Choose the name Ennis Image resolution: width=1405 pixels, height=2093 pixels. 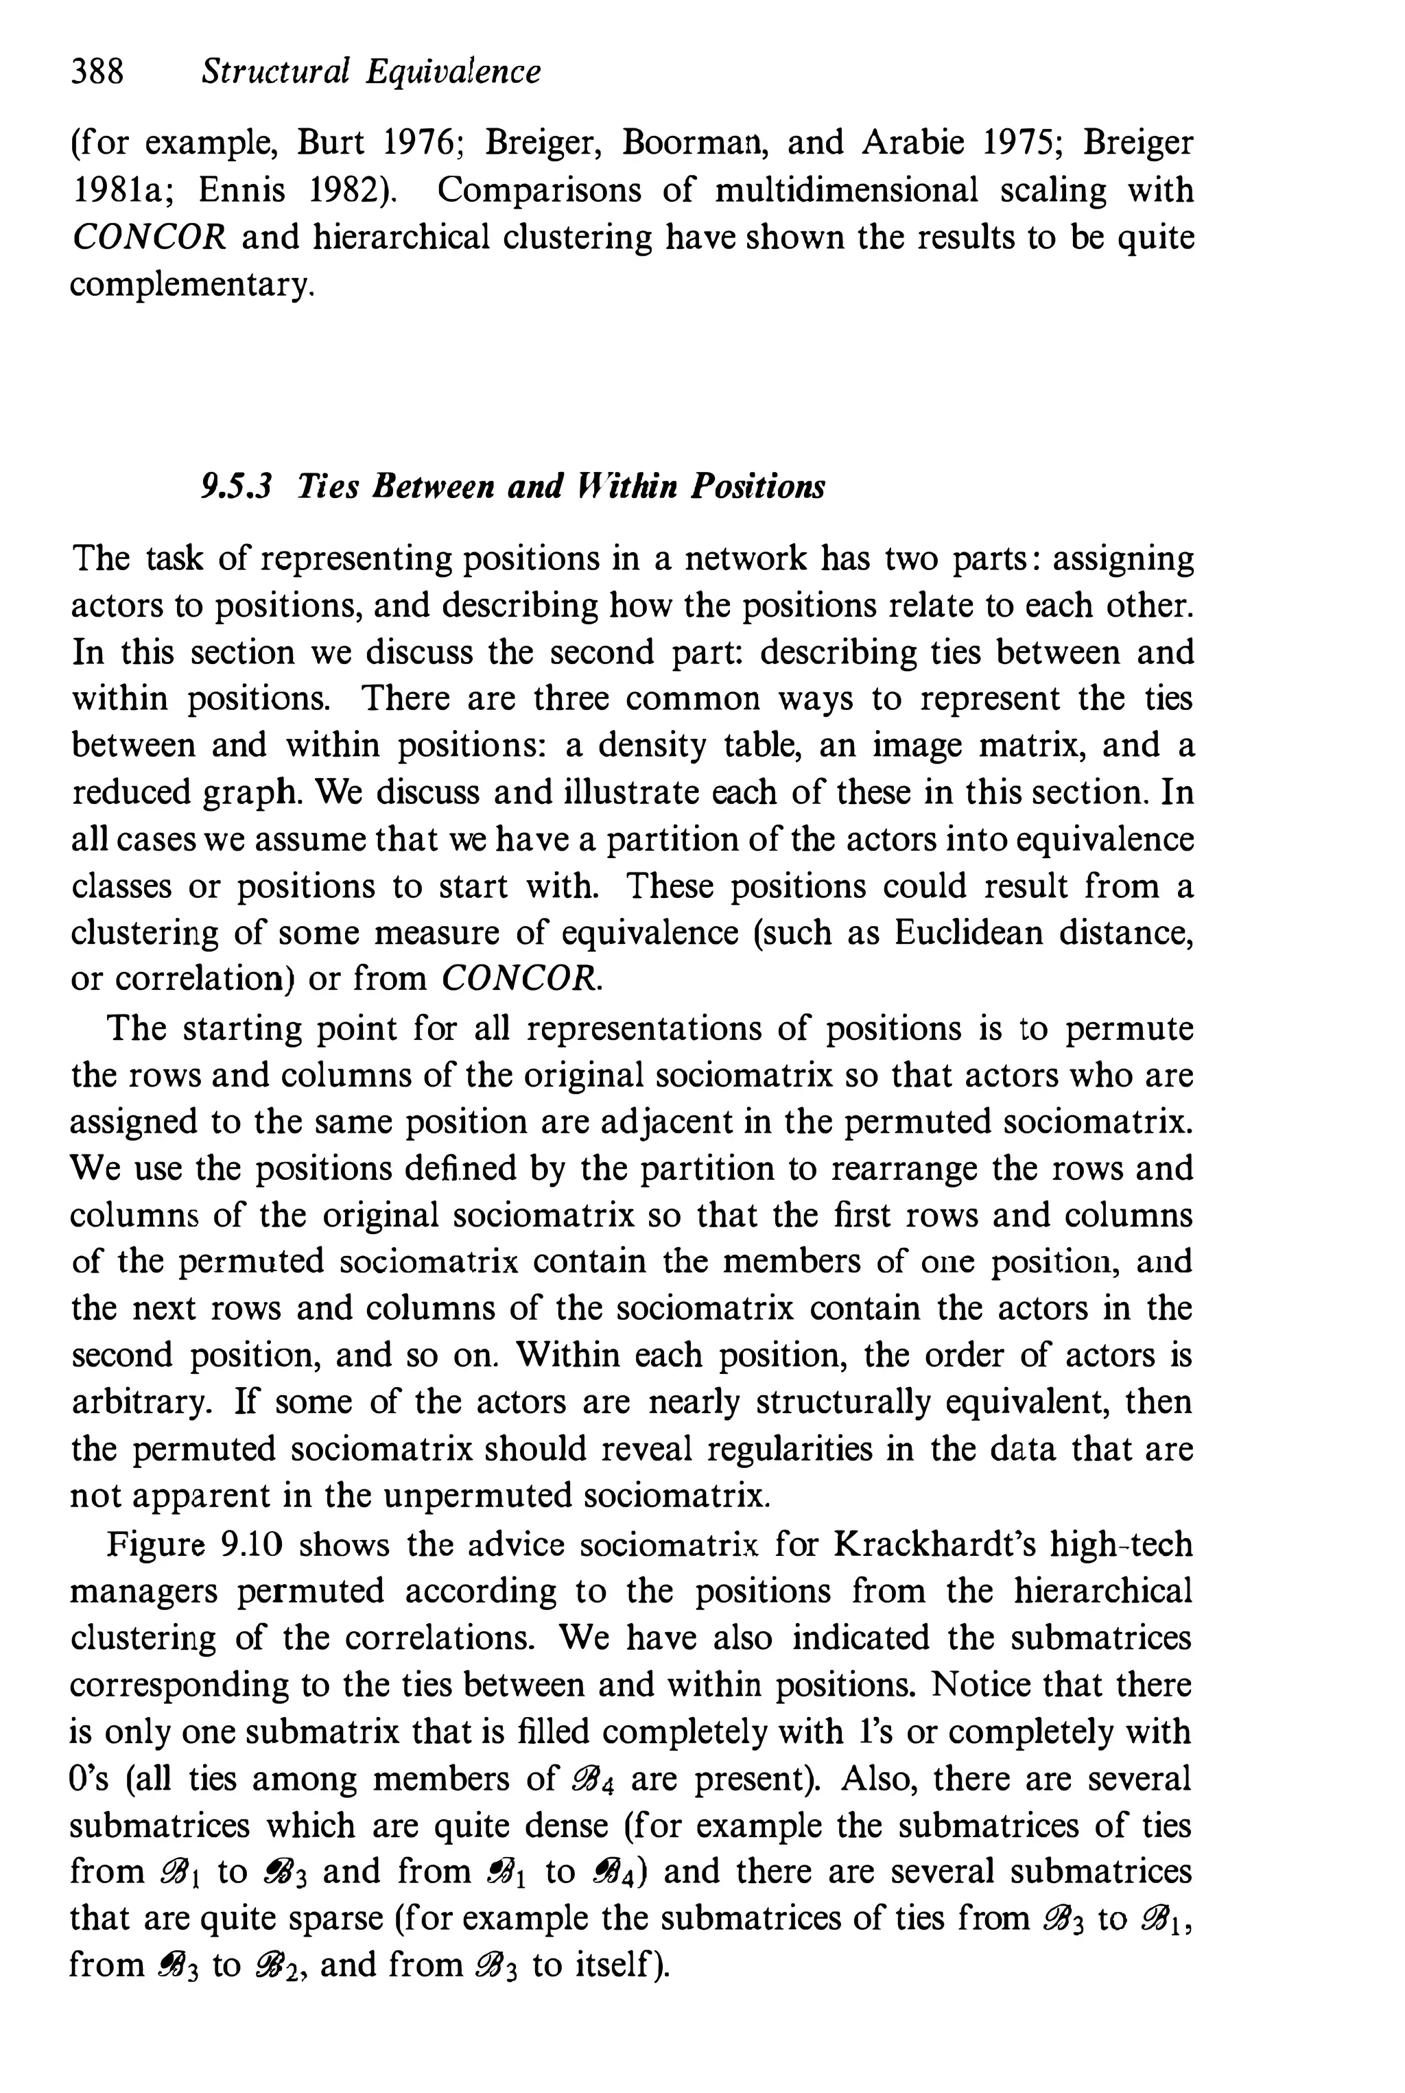point(240,190)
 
